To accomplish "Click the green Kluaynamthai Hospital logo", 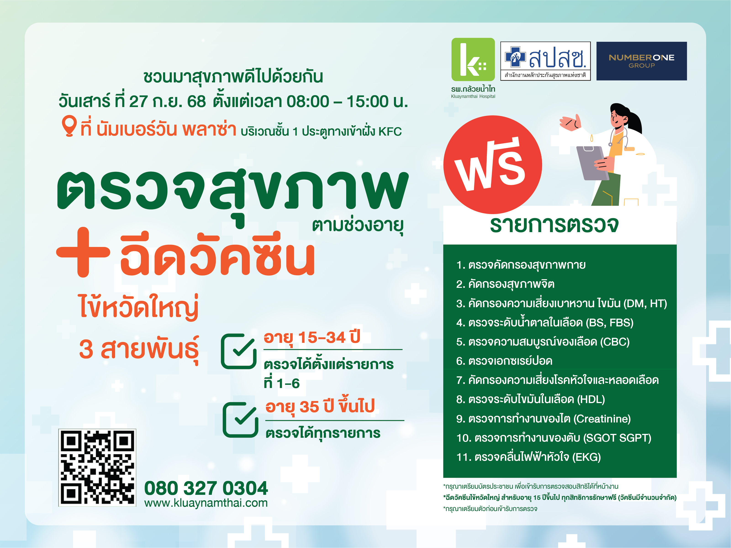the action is click(x=473, y=60).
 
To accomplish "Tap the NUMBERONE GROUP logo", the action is click(x=641, y=61).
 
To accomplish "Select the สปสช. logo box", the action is click(x=545, y=61).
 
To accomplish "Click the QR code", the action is click(x=97, y=467).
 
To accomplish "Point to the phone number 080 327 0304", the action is click(x=206, y=488).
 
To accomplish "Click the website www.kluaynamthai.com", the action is click(x=206, y=503).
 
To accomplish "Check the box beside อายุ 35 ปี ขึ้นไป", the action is click(x=240, y=420).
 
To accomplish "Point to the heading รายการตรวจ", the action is click(x=554, y=225).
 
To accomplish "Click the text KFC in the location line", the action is click(x=390, y=132).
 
